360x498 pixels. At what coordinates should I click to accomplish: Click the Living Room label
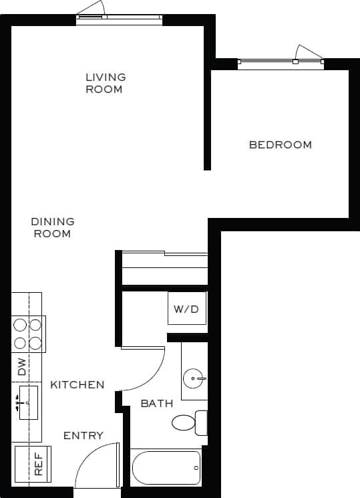[x=105, y=83]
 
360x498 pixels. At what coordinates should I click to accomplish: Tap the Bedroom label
[x=280, y=144]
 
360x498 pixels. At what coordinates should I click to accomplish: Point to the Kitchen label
[x=77, y=384]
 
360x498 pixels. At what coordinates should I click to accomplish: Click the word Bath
[x=157, y=403]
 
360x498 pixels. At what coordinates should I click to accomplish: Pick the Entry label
[x=83, y=436]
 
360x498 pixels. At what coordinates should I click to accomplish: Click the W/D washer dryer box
[x=186, y=309]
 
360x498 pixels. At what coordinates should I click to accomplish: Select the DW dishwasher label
[x=22, y=366]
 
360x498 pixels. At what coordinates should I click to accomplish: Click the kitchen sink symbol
[x=26, y=402]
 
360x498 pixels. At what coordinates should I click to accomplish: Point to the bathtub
[x=166, y=467]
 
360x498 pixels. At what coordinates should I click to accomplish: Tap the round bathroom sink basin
[x=194, y=379]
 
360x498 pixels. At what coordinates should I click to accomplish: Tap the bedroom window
[x=281, y=63]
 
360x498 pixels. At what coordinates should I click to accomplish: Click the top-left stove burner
[x=19, y=325]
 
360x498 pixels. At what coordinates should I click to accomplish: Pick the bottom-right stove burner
[x=35, y=343]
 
